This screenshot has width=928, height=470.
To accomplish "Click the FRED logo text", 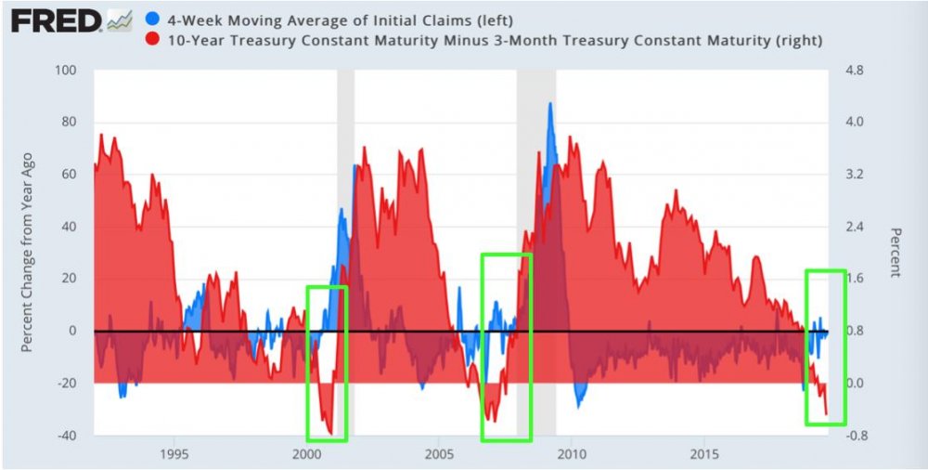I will tap(55, 20).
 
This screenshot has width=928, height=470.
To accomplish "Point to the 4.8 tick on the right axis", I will tap(854, 71).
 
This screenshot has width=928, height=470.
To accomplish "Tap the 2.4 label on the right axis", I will tap(854, 227).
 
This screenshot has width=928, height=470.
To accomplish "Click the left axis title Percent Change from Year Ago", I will tap(28, 253).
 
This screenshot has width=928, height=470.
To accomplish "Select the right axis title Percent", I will tap(895, 253).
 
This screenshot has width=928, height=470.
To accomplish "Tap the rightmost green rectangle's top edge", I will tap(825, 271).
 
